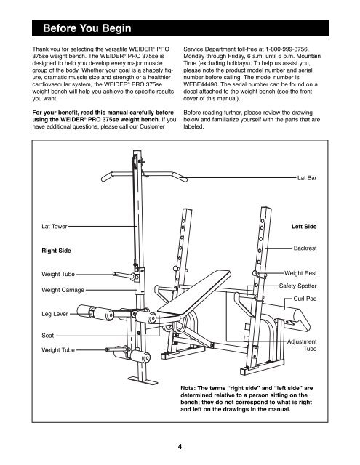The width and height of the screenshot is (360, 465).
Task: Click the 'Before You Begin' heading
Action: [87, 28]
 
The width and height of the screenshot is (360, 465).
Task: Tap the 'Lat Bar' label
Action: [307, 178]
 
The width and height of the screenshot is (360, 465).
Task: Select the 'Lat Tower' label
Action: [55, 226]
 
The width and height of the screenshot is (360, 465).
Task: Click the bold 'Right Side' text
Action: [57, 251]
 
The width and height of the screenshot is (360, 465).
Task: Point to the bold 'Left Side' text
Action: [304, 226]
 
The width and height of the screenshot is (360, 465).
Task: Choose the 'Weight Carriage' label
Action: [63, 290]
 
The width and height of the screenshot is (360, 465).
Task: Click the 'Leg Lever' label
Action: [55, 314]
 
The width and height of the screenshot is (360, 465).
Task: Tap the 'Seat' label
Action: [48, 336]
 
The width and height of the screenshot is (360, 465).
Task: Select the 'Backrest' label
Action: [305, 248]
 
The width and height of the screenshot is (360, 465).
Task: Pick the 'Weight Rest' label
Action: [300, 273]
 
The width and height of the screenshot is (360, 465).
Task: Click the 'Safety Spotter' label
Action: [297, 286]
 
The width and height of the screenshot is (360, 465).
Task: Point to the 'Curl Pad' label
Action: [305, 299]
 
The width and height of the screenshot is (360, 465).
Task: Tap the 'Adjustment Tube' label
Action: [302, 345]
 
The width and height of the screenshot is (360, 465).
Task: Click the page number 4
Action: [180, 446]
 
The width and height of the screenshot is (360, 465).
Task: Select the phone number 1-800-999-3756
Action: [287, 49]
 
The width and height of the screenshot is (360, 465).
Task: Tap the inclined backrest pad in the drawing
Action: [194, 292]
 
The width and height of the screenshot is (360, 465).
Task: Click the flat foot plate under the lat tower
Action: [143, 380]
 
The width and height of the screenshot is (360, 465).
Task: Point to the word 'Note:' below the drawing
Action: [188, 388]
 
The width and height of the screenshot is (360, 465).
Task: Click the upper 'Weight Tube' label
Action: [58, 274]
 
